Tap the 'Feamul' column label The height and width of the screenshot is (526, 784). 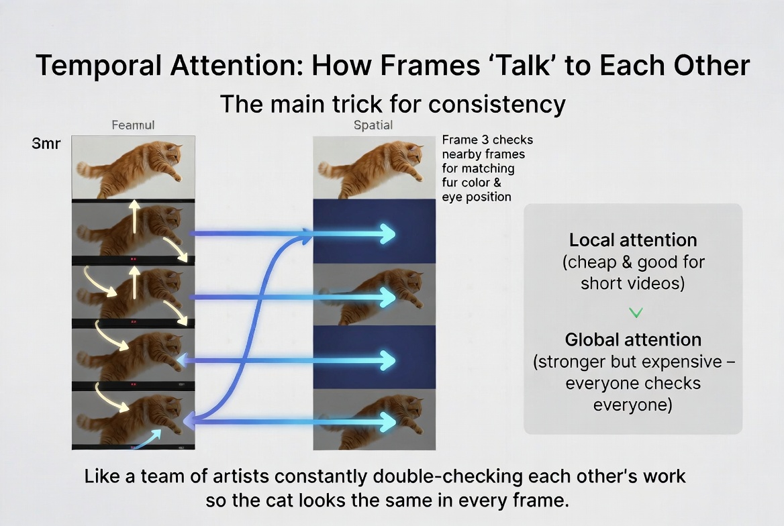[x=133, y=125]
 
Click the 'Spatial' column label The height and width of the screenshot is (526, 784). [x=373, y=125]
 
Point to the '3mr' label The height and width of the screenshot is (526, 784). [x=47, y=144]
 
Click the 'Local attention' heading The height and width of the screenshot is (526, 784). [x=632, y=240]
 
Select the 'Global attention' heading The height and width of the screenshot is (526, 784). [x=632, y=339]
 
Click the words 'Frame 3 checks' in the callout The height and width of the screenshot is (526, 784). [x=487, y=140]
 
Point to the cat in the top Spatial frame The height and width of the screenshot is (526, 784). [x=376, y=168]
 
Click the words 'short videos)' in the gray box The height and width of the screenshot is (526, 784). [x=632, y=282]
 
